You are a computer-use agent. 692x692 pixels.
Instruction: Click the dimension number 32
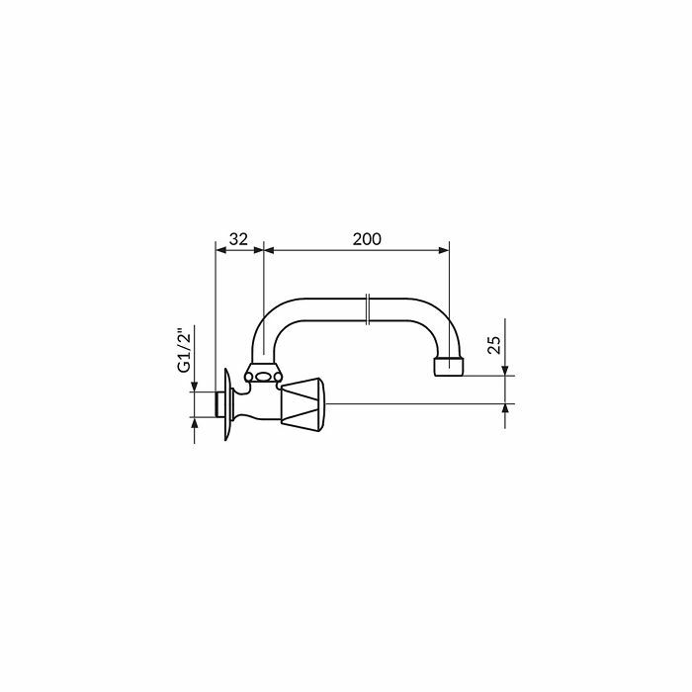238,239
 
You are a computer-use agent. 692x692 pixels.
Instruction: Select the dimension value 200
367,239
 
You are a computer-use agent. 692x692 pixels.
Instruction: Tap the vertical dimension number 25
494,345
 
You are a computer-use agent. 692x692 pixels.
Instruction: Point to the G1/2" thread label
186,350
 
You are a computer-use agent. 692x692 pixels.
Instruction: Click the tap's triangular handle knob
303,403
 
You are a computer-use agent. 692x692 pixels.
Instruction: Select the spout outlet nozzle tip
449,366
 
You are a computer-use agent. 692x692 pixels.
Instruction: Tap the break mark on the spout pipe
368,309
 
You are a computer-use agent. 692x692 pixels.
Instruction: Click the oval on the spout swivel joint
264,377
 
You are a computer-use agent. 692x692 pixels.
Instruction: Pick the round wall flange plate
227,404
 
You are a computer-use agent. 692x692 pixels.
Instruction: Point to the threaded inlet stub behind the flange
219,404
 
